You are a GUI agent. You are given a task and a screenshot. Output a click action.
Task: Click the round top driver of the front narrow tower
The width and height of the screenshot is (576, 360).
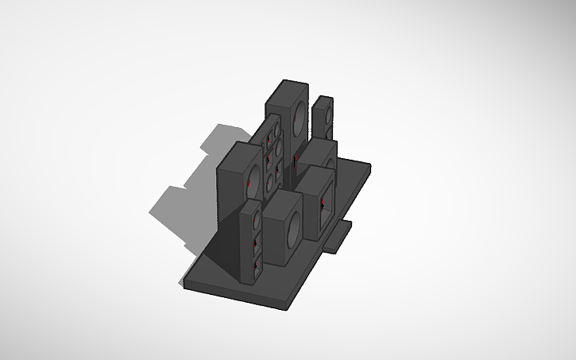coord(256,215)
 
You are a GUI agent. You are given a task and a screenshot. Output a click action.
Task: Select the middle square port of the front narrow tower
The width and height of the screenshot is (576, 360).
coord(256,242)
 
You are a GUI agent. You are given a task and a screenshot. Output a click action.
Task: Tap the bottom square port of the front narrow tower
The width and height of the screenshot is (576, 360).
coord(256,263)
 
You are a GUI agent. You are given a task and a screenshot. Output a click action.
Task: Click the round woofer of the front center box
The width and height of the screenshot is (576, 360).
coord(292,227)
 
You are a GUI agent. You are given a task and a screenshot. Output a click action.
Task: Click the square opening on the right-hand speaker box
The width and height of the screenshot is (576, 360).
coord(325,204)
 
